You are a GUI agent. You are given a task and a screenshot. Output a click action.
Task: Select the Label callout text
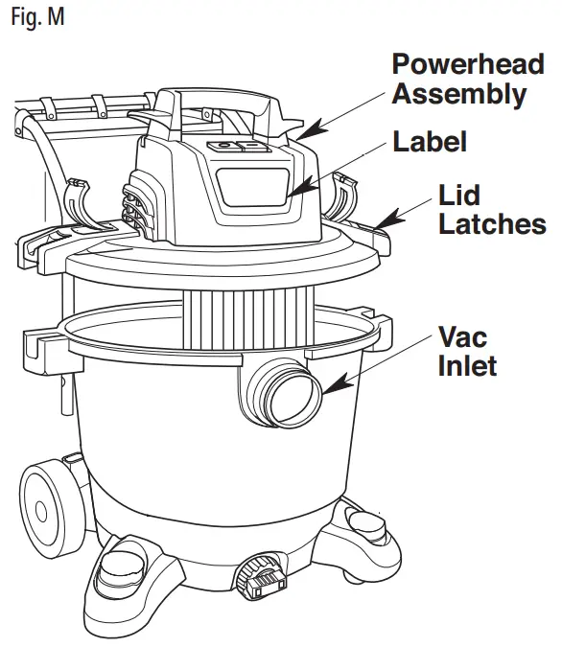tap(430, 142)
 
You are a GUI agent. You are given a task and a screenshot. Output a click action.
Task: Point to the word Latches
tap(491, 224)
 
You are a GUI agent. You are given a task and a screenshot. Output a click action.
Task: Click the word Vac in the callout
tap(461, 337)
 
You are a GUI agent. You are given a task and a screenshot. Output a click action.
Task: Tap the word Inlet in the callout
tap(466, 365)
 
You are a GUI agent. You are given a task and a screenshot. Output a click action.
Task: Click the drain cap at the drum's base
tap(260, 578)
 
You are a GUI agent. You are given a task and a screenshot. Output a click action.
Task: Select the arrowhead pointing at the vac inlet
tap(332, 387)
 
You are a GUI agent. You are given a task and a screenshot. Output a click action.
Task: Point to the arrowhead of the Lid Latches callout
tap(383, 224)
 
